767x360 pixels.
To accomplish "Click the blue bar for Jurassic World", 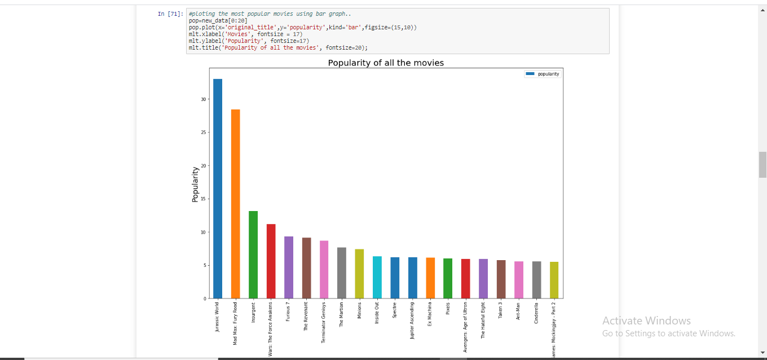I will coord(218,188).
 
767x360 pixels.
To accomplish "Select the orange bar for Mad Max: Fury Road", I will coord(235,204).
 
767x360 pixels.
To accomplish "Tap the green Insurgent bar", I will coord(253,254).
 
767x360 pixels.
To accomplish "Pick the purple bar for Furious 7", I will coord(289,267).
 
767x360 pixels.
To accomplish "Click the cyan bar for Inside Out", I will coord(377,277).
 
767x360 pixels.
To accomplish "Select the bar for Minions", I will coord(359,274).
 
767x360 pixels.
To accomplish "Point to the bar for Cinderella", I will coord(537,280).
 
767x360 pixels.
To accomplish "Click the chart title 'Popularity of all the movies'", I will coord(386,63).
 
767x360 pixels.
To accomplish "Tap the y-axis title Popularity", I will coord(195,184).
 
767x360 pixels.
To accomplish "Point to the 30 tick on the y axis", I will coord(204,99).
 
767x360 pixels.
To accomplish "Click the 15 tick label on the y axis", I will coord(204,199).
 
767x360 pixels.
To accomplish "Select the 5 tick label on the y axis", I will coord(205,266).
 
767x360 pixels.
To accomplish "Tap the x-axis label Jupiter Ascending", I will coord(412,320).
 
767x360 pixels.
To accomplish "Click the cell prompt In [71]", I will coord(170,14).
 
